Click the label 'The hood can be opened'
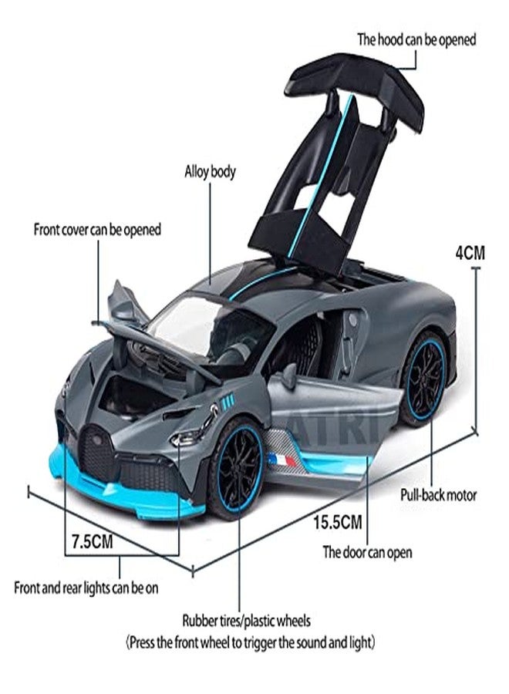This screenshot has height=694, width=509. tap(416, 40)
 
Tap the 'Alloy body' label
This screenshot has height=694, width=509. tap(211, 171)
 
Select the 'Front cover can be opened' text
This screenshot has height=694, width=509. tap(97, 230)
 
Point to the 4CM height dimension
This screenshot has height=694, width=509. tap(470, 253)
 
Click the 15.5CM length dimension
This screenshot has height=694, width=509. tap(338, 522)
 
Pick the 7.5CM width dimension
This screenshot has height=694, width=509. tap(92, 542)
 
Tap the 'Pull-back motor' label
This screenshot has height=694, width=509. tap(439, 495)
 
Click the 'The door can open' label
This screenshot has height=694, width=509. tap(367, 552)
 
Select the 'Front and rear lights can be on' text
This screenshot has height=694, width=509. tap(86, 588)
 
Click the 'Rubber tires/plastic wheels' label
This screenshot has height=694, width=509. tap(247, 621)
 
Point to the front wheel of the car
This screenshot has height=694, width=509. tap(237, 469)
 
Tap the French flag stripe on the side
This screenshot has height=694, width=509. tap(282, 461)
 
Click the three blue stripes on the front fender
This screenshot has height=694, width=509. tap(228, 400)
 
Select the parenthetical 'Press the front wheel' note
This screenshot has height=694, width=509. tap(251, 642)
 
